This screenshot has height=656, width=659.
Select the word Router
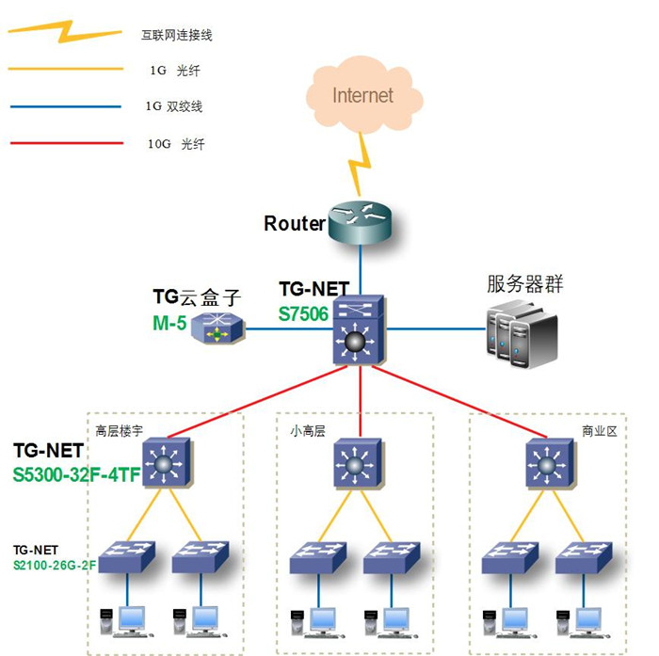[x=294, y=224]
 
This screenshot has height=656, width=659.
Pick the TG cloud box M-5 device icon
[x=217, y=329]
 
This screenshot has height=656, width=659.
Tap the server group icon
[x=521, y=334]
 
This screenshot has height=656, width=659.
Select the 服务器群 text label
[x=524, y=284]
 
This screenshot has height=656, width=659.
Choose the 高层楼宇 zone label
[x=119, y=432]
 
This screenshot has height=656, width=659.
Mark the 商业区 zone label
[x=598, y=432]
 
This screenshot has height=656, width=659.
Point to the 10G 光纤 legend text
[x=176, y=145]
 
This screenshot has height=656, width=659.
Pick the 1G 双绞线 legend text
[x=176, y=106]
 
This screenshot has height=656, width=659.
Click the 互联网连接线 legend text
[x=177, y=35]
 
